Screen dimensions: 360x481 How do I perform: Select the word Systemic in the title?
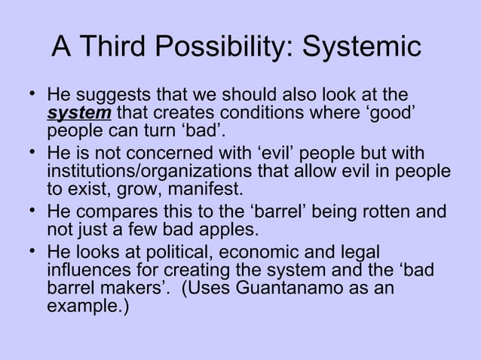pyautogui.click(x=363, y=47)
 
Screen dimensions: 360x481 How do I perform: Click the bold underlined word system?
pyautogui.click(x=79, y=114)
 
